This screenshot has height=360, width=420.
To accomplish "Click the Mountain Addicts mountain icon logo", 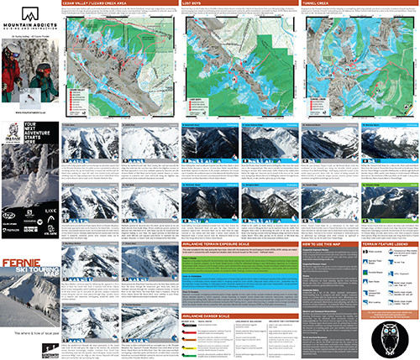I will click(30, 15).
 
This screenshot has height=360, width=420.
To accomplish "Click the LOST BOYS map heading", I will click(203, 3).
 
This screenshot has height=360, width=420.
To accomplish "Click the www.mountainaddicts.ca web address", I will click(29, 112).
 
